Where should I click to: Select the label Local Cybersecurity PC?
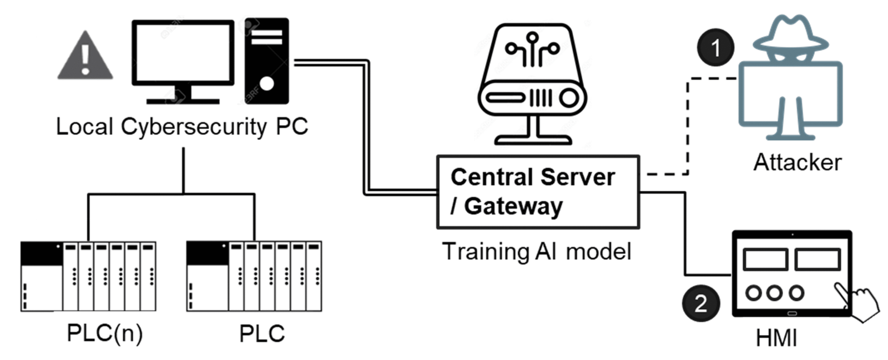(181, 126)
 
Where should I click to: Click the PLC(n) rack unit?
(88, 276)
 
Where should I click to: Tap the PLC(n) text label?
(104, 333)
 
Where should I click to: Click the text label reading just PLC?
(261, 334)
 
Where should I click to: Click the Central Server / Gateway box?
(538, 192)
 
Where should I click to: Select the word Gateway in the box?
(513, 206)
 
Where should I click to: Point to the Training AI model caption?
(537, 251)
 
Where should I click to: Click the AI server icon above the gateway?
(532, 83)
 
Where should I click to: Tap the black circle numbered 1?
(715, 48)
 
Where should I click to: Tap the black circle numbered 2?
(700, 303)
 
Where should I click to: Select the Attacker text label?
(797, 163)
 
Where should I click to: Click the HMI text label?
(776, 337)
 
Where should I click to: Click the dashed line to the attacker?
(688, 128)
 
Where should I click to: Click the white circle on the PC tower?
(267, 83)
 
